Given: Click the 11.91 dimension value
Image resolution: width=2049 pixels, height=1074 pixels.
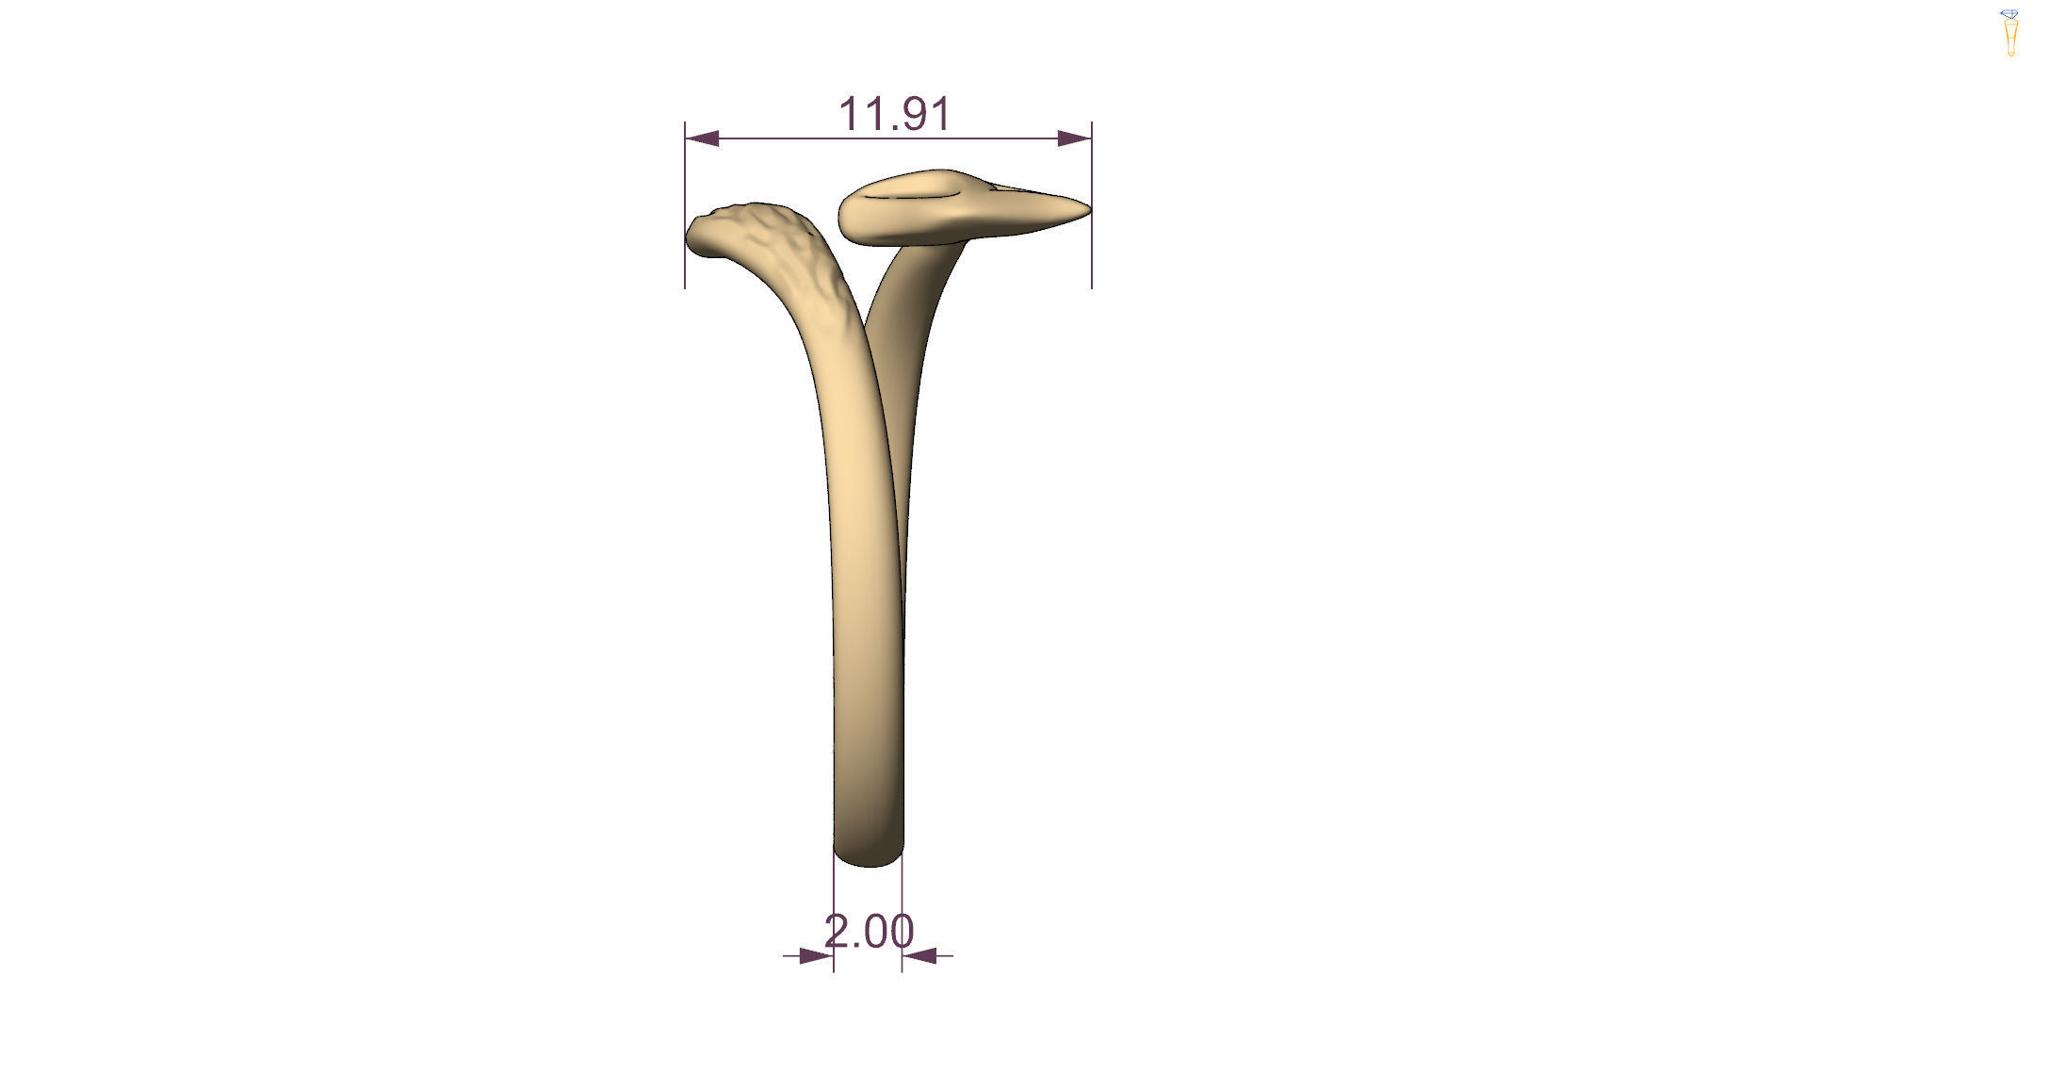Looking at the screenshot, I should [894, 114].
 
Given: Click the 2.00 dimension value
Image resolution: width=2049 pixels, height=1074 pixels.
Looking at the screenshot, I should [869, 933].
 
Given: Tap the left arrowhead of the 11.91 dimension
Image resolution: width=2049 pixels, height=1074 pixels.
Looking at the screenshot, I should [702, 138].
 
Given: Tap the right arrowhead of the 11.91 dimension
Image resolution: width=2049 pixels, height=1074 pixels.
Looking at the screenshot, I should [1074, 138].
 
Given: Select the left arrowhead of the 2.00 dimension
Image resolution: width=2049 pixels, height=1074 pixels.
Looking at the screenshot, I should [816, 955].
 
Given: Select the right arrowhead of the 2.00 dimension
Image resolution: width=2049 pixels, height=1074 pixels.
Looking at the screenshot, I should [919, 955].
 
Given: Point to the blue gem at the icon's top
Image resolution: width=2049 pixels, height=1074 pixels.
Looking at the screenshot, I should [2010, 14].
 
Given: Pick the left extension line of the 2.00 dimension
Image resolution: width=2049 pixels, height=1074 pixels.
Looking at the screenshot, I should [834, 919].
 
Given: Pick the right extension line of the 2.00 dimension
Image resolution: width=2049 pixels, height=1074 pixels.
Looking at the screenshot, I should [903, 919].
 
